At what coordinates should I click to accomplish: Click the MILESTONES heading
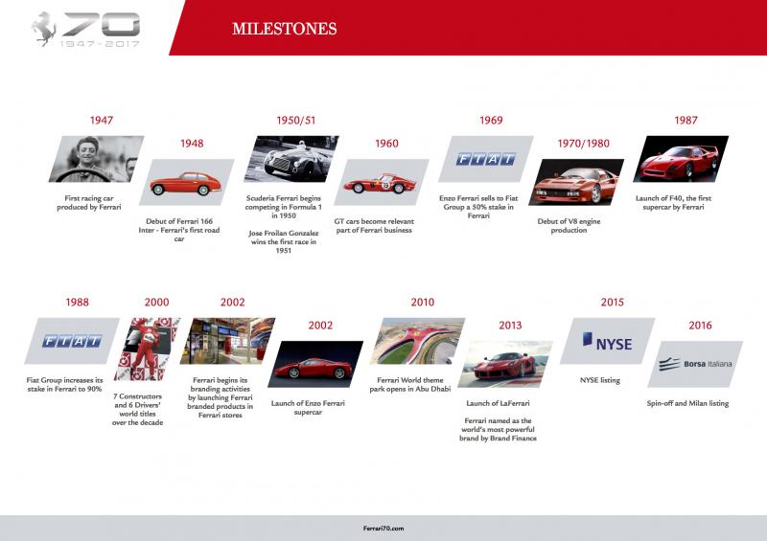tap(284, 29)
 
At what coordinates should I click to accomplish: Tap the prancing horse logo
tap(44, 29)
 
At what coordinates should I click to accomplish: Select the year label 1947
tap(102, 121)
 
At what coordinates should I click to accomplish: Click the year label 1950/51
tap(296, 121)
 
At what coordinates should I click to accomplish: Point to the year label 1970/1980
tap(584, 144)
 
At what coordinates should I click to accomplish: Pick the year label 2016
tap(700, 325)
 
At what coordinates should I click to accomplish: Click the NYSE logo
tap(607, 341)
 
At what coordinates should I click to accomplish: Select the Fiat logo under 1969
tap(486, 159)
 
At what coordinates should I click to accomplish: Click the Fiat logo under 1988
tap(72, 341)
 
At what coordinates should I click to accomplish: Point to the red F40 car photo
tap(681, 159)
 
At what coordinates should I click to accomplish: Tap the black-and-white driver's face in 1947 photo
tap(88, 151)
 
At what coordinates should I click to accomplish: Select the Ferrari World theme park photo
tap(417, 341)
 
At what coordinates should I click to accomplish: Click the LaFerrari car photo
tap(505, 364)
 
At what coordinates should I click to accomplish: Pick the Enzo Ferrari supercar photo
tap(315, 364)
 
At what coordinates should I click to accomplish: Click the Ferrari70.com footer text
tap(383, 529)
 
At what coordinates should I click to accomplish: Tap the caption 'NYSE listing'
tap(600, 380)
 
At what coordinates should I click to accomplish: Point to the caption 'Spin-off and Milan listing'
tap(687, 403)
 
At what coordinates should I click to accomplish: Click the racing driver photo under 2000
tap(148, 349)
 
